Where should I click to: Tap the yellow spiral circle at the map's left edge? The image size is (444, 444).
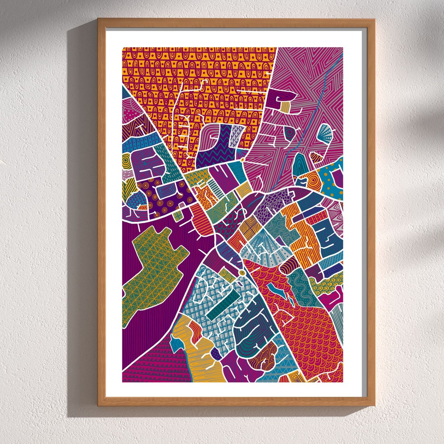[127, 162]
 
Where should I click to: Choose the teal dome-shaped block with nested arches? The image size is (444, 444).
[299, 164]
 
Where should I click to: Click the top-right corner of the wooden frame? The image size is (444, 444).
[374, 19]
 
